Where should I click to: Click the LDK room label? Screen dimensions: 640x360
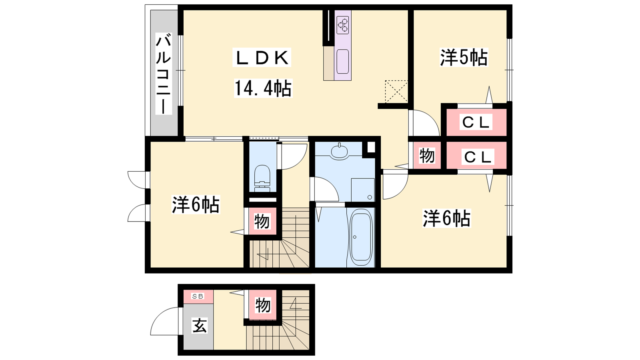tap(262, 58)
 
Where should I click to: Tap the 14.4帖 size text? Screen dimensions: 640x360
tap(263, 88)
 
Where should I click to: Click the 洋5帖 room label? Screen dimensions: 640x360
tap(464, 58)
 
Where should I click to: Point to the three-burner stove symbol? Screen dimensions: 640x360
tap(343, 25)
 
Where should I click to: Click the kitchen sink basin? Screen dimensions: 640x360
tap(342, 62)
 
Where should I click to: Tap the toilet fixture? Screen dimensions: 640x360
tap(262, 178)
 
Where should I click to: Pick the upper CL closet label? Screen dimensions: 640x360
tap(476, 122)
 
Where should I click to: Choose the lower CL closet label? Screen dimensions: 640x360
tap(478, 157)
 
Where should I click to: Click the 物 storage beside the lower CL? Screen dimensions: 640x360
tap(427, 156)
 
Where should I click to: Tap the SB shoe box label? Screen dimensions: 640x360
tap(198, 296)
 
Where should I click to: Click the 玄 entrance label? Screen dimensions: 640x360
tap(199, 326)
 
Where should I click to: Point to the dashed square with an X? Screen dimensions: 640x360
tap(396, 92)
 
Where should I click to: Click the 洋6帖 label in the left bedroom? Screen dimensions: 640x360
tap(196, 204)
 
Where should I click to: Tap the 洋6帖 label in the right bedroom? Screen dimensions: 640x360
tap(446, 218)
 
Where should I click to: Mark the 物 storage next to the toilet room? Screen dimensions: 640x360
tap(262, 222)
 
